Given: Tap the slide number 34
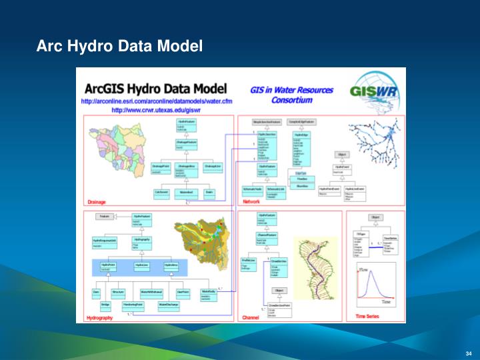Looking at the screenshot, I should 468,353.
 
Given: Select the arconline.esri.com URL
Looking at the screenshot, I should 157,101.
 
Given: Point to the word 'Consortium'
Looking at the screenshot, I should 289,102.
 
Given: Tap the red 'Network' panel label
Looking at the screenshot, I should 251,202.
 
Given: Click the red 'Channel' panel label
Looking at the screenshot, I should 251,318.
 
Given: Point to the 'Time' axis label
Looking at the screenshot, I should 386,302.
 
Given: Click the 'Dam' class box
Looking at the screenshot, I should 97,292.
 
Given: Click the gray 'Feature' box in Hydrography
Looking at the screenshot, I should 105,217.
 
